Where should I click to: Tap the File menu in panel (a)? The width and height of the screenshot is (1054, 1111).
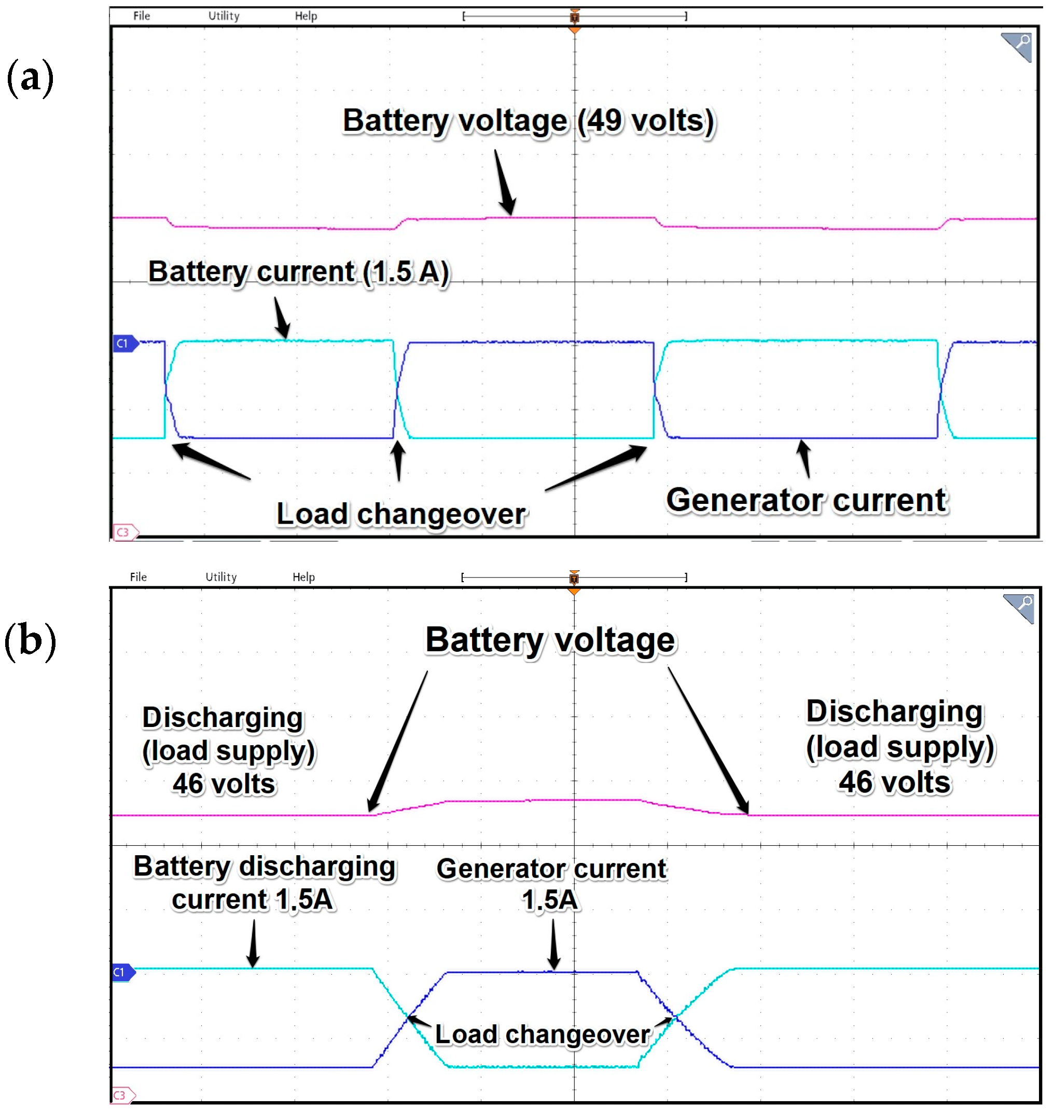tap(142, 16)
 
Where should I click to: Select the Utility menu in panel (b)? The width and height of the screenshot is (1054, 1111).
tap(221, 577)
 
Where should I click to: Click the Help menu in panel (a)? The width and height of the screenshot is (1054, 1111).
tap(306, 16)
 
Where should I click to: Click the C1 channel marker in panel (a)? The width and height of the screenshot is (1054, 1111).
tap(124, 344)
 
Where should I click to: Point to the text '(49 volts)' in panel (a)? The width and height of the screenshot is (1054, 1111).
tap(646, 121)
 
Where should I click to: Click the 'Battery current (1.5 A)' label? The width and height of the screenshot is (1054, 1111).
tap(298, 272)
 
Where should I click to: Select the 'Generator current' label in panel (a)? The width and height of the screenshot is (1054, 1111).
tap(807, 500)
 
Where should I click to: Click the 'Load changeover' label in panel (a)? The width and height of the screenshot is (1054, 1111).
tap(401, 514)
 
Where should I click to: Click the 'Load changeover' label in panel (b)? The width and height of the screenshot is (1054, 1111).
tap(542, 1034)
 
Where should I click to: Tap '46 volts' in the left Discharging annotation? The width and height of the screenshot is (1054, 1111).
tap(224, 784)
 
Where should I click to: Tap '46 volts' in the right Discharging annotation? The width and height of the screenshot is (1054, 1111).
tap(894, 782)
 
